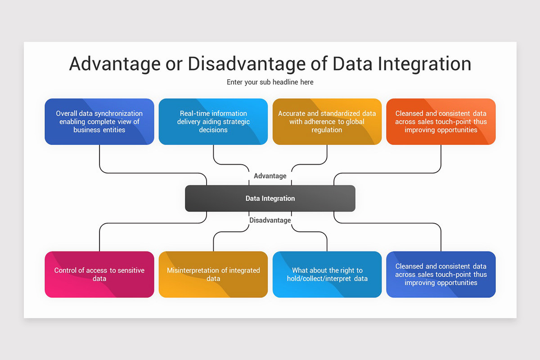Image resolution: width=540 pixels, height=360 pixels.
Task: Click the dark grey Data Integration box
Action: (270, 198)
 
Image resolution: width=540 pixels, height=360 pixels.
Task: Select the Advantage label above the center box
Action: (270, 176)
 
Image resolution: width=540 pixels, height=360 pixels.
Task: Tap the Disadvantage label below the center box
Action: (270, 220)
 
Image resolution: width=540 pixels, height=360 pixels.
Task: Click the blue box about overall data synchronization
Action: (99, 121)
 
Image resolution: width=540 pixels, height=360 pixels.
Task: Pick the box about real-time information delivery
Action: (213, 121)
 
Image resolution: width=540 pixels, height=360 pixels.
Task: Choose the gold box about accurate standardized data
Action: (327, 121)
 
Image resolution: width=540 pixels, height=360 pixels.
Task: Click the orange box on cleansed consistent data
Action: (441, 121)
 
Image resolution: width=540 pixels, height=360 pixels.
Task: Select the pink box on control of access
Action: (99, 274)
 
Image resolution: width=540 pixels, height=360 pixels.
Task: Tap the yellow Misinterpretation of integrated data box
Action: (213, 274)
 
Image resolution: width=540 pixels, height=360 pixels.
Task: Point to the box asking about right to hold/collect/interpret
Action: (327, 274)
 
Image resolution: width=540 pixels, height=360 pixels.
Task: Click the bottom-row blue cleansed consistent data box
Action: (441, 274)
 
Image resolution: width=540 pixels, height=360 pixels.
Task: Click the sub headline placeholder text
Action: (270, 82)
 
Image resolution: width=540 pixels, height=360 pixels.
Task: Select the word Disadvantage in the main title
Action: (247, 64)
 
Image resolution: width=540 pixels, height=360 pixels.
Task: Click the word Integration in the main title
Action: (424, 64)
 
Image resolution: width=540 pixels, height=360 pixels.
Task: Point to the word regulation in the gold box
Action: (327, 130)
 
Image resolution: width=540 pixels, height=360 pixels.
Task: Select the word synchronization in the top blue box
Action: (118, 113)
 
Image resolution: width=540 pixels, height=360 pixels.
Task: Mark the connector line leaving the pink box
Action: (99, 238)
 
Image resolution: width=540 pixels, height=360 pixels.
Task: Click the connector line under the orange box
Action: (441, 157)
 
